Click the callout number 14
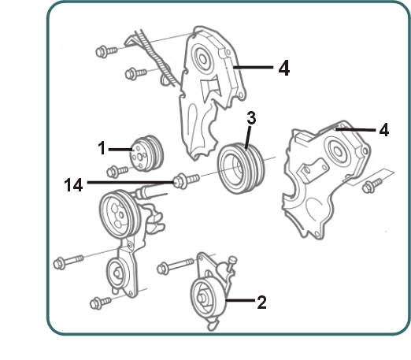73,184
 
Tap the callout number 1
102,148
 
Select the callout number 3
251,118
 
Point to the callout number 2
261,302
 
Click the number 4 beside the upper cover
284,68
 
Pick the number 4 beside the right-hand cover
384,130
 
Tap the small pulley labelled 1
146,154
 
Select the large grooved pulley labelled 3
242,168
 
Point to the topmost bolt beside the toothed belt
106,51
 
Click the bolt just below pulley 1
117,171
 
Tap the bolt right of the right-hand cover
372,186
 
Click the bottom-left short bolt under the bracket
101,302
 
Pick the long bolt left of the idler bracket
68,262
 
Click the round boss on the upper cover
202,58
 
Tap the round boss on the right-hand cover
337,150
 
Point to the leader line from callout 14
131,182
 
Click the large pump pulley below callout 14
120,214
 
